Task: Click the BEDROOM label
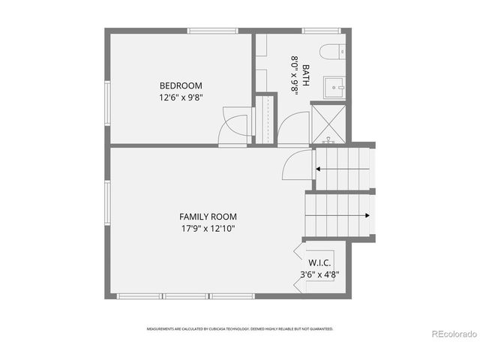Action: click(x=180, y=85)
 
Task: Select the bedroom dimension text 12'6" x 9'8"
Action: click(x=180, y=97)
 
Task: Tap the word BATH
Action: click(x=306, y=75)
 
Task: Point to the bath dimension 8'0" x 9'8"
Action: click(x=295, y=75)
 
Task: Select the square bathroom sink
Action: click(x=334, y=86)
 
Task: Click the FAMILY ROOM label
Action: click(x=208, y=217)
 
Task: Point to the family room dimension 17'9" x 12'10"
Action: click(x=208, y=229)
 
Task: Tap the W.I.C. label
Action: click(x=319, y=263)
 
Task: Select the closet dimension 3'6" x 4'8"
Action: click(x=319, y=275)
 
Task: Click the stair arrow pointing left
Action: click(x=342, y=169)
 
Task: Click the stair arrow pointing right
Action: click(x=342, y=216)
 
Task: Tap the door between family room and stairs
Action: click(x=298, y=165)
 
